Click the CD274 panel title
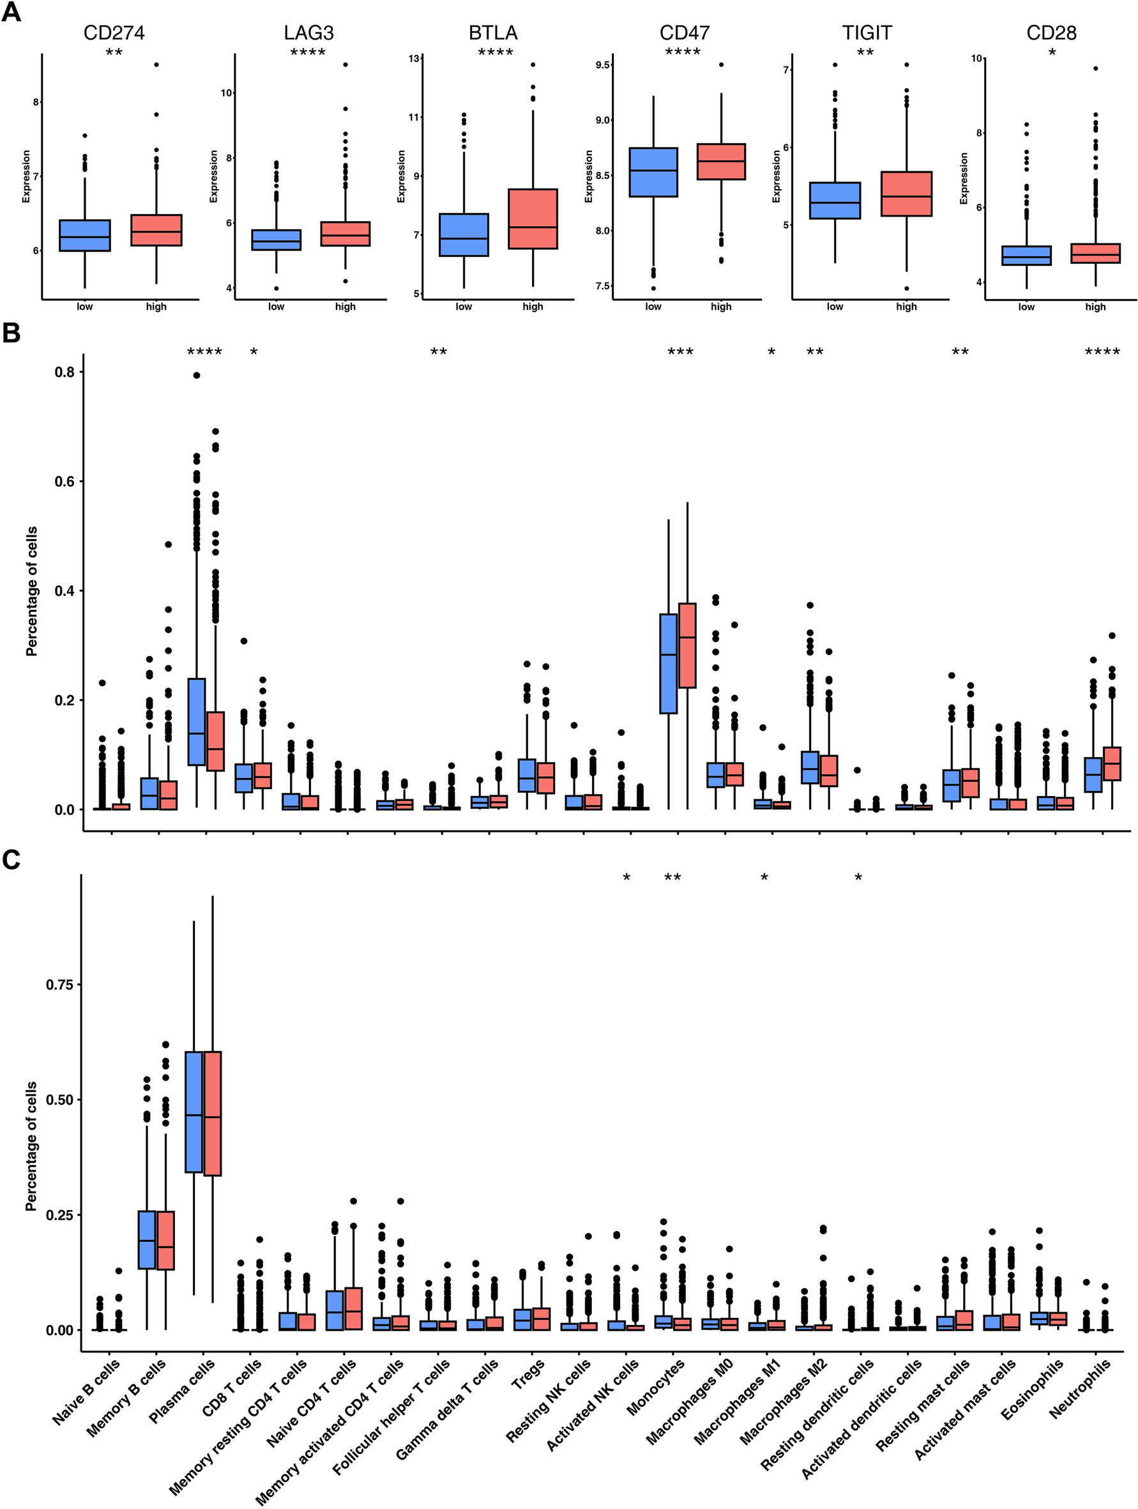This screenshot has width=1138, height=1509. (114, 33)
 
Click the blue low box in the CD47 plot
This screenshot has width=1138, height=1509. (653, 172)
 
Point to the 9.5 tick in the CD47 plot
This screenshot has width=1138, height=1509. (602, 65)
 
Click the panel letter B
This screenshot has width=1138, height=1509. (11, 333)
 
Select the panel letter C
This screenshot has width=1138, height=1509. (11, 861)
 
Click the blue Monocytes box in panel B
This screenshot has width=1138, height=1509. (668, 663)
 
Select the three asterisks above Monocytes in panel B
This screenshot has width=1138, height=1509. (680, 353)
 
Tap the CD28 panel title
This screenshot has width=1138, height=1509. (1051, 33)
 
